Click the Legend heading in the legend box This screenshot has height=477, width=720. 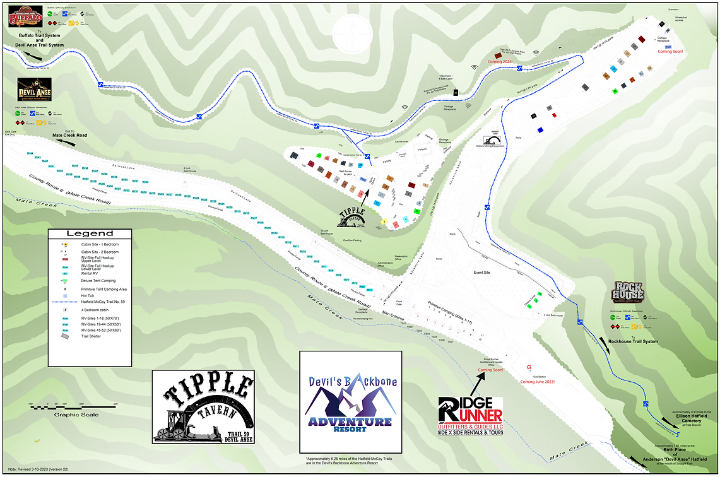click(90, 233)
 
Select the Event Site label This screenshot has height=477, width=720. click(483, 273)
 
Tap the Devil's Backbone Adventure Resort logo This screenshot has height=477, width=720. click(350, 401)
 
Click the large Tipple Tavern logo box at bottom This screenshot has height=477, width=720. click(203, 407)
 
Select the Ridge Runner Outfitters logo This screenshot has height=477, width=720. click(471, 415)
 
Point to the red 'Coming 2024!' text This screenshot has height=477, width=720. click(499, 61)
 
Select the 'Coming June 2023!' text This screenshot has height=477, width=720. click(537, 382)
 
